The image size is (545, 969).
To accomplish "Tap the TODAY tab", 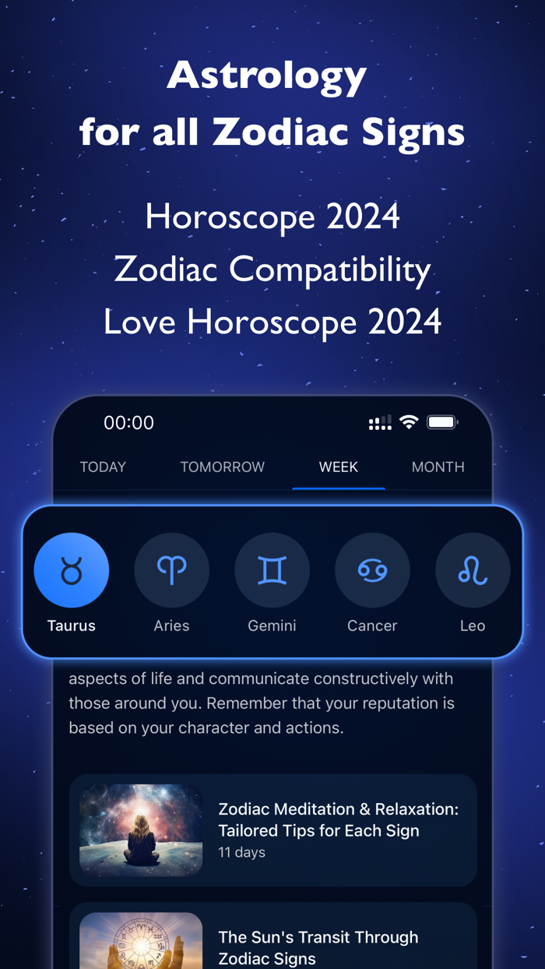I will tap(103, 467).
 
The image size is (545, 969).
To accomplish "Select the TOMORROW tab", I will tap(223, 467).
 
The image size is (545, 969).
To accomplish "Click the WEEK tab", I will tap(339, 467).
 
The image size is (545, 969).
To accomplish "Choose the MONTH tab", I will tap(438, 467).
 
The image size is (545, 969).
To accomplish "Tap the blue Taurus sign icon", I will tap(72, 570).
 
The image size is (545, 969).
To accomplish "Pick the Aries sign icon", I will tap(172, 570).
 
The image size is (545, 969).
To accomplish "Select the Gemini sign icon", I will tap(272, 570).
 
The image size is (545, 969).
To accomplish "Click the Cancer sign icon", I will tap(372, 570).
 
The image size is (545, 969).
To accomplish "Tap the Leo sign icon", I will tap(473, 570).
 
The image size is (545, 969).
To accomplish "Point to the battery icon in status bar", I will tap(441, 422).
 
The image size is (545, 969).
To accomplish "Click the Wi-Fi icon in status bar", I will tap(409, 422).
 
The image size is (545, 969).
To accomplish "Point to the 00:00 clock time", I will tap(129, 423).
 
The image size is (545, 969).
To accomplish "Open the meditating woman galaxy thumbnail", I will tap(141, 830).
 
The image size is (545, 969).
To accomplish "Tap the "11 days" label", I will tap(241, 852).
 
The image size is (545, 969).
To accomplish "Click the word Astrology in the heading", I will tap(267, 76).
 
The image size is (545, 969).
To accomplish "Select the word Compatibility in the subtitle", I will tap(330, 270).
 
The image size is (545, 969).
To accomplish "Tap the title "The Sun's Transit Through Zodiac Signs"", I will tap(318, 947).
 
